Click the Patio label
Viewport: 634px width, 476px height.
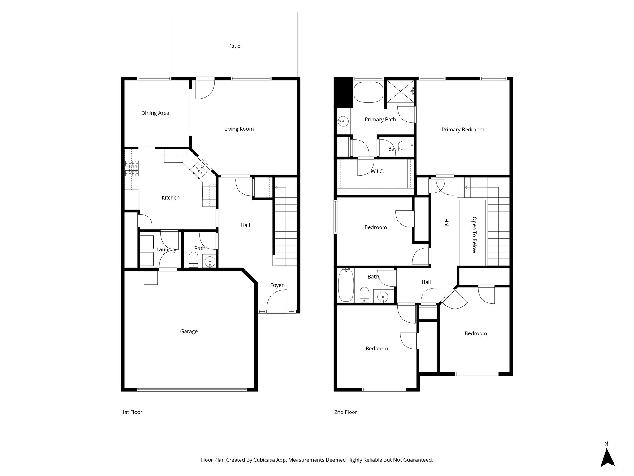[x=234, y=46]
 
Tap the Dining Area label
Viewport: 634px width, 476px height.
[x=155, y=113]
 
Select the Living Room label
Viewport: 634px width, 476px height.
[x=239, y=129]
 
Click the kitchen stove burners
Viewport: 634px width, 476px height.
[x=132, y=168]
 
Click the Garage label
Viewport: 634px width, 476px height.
[x=189, y=331]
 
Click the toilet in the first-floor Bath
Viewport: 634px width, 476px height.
[x=193, y=259]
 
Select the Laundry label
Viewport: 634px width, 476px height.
[x=166, y=249]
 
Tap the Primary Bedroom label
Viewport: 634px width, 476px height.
[x=462, y=130]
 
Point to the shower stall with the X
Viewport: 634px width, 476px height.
[x=400, y=91]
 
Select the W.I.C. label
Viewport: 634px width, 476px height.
[x=377, y=171]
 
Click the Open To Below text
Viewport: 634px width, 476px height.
[x=474, y=235]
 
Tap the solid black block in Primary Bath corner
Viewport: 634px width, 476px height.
[x=343, y=92]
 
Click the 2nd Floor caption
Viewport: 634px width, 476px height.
[x=345, y=412]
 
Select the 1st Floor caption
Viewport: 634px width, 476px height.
[x=132, y=412]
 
